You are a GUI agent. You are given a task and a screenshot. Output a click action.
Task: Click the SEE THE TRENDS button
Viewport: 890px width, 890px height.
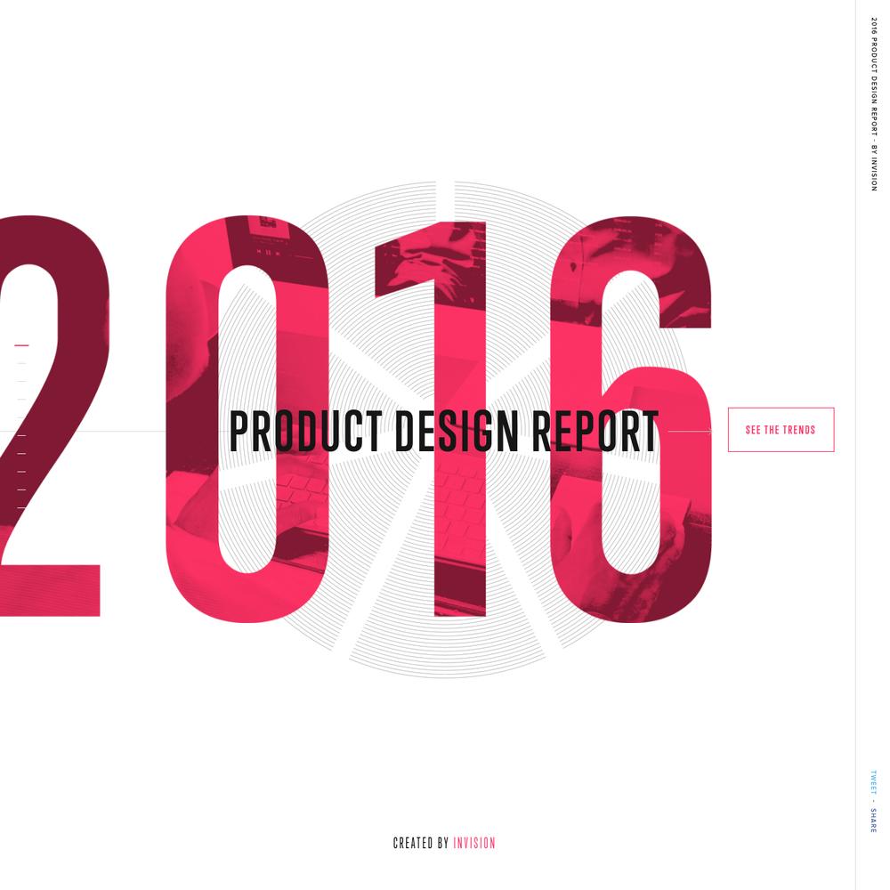click(781, 430)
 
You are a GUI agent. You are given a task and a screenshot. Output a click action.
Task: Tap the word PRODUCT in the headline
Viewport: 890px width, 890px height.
click(305, 432)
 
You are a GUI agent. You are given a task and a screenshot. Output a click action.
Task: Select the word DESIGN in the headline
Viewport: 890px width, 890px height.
click(457, 432)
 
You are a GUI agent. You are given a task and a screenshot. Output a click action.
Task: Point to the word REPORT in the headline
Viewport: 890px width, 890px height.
click(595, 432)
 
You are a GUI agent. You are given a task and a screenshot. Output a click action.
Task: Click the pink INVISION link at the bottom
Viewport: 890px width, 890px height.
click(474, 843)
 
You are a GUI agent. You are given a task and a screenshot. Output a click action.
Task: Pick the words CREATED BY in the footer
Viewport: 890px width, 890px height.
click(421, 843)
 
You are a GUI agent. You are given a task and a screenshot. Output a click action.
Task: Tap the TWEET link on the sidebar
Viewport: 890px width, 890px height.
click(874, 782)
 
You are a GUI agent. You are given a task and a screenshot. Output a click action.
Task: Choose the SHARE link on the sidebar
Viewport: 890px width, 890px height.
click(874, 821)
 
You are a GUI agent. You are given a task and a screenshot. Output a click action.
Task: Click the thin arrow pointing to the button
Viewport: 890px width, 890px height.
click(690, 432)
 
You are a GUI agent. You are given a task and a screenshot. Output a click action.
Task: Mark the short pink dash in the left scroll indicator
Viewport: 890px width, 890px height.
click(21, 345)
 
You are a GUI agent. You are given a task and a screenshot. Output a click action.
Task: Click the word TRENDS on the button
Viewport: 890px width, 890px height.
click(798, 430)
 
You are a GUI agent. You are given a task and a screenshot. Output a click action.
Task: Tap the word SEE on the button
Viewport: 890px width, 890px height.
click(753, 430)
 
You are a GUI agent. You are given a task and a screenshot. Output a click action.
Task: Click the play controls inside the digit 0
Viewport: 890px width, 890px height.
click(268, 252)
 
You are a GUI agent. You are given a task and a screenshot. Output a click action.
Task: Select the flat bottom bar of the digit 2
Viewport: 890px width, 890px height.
click(50, 590)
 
